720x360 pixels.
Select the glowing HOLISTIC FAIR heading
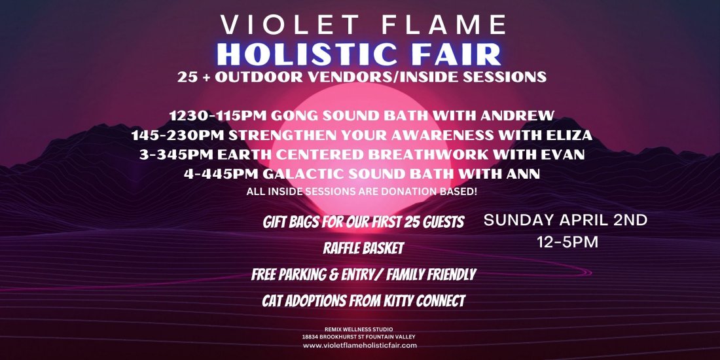(360, 53)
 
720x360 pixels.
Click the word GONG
(289, 116)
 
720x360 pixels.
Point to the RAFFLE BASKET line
(363, 249)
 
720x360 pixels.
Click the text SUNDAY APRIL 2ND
(565, 220)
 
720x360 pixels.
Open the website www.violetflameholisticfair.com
(360, 346)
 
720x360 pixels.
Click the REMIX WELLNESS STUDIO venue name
(360, 329)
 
